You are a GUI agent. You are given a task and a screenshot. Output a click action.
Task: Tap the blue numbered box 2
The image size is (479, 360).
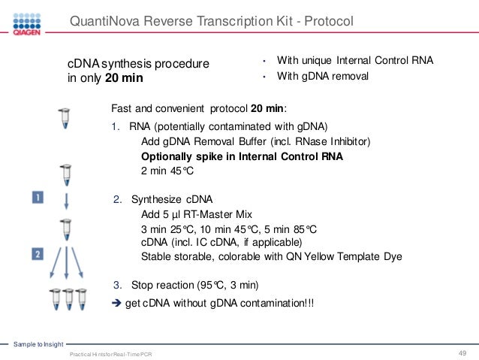pos(37,255)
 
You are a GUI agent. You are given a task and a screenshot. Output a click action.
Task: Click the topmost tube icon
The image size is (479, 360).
pos(65,118)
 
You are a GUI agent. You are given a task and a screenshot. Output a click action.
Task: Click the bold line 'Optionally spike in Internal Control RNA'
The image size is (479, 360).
pos(242,156)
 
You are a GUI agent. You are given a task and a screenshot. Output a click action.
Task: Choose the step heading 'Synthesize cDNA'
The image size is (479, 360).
pos(172,199)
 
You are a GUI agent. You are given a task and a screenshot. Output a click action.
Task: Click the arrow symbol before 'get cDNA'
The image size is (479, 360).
pos(116,302)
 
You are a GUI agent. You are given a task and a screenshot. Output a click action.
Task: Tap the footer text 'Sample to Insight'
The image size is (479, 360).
pos(39,344)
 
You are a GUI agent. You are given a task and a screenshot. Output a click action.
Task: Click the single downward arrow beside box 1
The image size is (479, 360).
pos(65,201)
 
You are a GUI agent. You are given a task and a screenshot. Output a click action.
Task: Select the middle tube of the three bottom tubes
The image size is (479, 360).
pos(66,298)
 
